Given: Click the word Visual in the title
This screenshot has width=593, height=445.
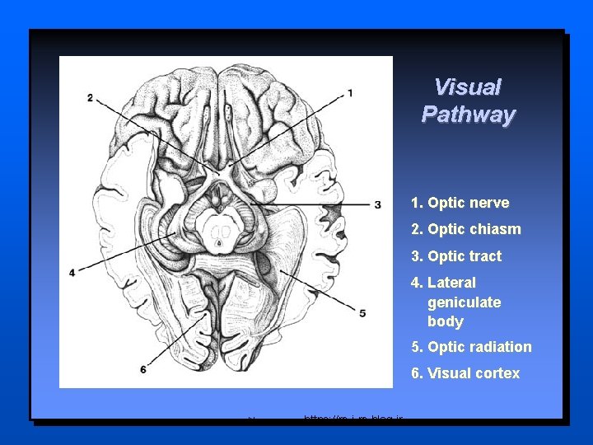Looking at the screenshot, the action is pos(467,87).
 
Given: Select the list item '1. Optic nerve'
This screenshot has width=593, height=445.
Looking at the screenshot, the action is pos(460,203).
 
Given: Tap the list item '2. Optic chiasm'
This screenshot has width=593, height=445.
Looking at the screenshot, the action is pos(465,229).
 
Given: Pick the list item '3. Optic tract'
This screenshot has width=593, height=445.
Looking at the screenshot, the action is pos(456,256).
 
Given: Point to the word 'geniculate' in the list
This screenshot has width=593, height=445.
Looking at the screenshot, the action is pos(464,302).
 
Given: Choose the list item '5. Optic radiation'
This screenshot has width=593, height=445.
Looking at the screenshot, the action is pos(471,347).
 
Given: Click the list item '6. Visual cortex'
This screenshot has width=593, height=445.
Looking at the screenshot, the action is pos(465,373).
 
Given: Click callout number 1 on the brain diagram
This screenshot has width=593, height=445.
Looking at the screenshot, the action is pos(351,93).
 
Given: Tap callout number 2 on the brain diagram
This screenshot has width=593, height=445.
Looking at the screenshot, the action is pos(90,98).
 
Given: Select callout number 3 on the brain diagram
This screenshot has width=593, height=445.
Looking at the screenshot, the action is pos(377,204).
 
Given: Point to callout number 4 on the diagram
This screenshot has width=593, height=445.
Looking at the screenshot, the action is pos(72,272).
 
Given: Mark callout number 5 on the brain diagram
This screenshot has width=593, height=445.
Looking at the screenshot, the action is pos(362,313).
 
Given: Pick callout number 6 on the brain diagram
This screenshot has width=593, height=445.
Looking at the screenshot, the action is pos(143,369).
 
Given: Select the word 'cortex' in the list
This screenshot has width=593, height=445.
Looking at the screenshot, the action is pos(497,373).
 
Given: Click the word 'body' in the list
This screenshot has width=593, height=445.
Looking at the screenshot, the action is pos(445,321).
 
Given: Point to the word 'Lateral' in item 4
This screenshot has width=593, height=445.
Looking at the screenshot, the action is pos(451,283).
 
